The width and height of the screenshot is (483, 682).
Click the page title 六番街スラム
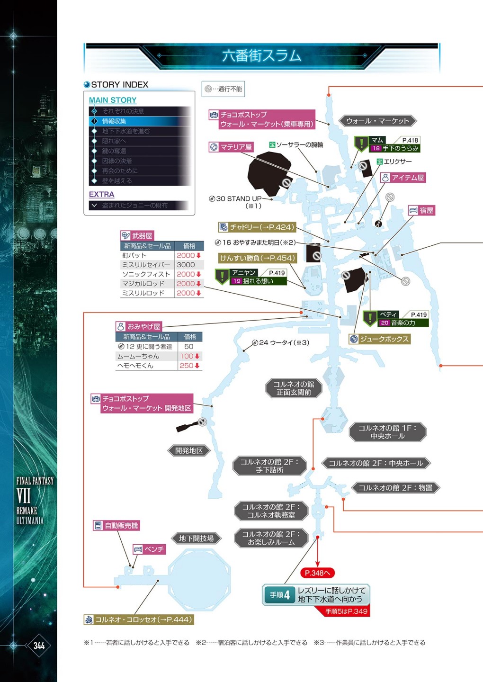pos(261,56)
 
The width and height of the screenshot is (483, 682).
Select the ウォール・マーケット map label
pos(377,121)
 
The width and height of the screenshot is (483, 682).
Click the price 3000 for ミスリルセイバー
pos(186,265)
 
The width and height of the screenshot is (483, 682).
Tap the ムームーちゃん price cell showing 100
pos(189,356)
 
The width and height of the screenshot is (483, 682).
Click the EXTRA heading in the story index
pos(101,194)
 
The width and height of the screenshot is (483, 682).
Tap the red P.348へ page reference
pos(317,573)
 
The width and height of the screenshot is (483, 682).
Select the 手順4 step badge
pos(280,595)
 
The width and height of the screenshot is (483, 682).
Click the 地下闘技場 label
pos(196,538)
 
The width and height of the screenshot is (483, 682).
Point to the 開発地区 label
pos(189,450)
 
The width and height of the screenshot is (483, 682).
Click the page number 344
pos(39,646)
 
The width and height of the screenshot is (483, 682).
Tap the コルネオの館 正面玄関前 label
pos(294,388)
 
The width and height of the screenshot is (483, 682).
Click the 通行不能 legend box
pos(224,89)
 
